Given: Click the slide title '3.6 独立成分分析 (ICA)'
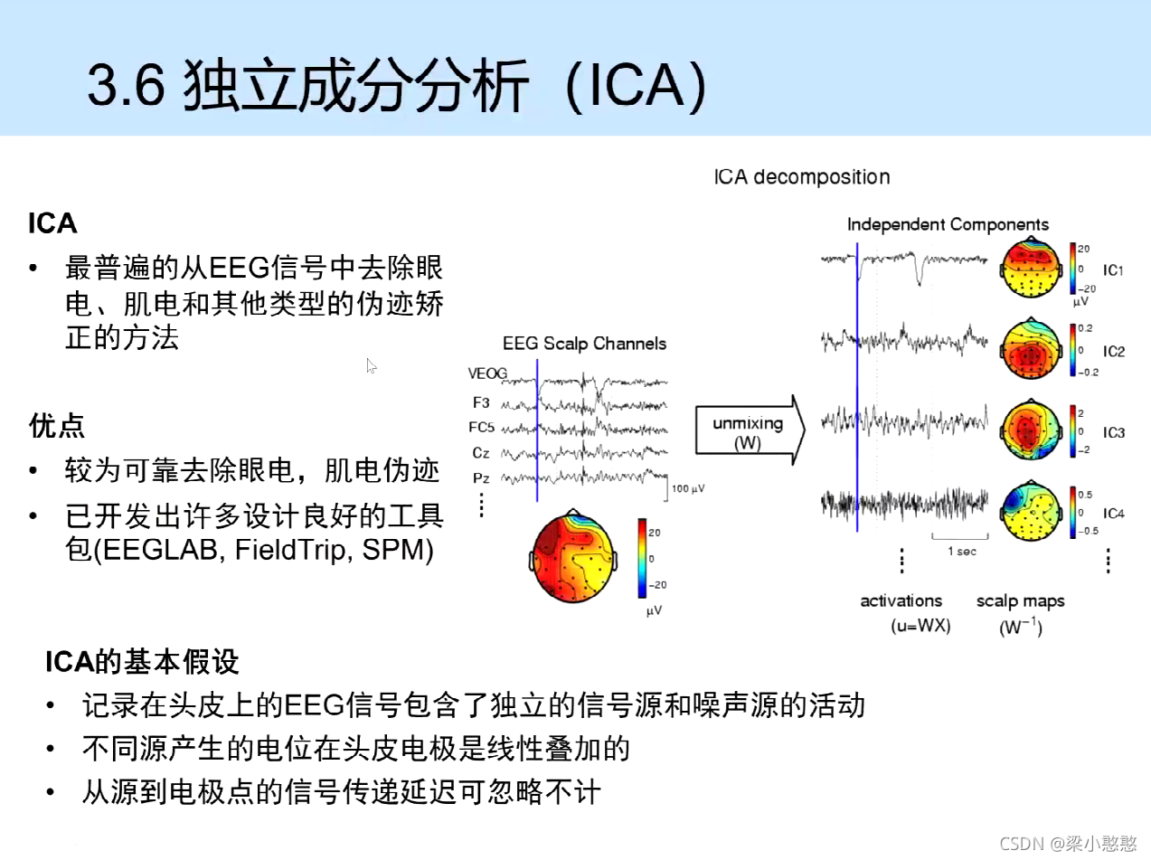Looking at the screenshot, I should pos(395,88).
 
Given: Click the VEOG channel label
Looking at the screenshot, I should pos(487,373).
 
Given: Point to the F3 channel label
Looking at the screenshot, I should pos(481,402).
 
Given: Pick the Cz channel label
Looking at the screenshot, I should pos(481,452).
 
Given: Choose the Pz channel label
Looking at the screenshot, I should pos(481,477).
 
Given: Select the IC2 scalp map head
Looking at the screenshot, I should pos(1030,348).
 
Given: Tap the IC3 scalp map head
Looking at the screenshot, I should pos(1030,430).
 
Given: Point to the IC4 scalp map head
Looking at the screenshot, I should pos(1030,510).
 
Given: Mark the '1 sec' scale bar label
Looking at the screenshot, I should pos(960,551).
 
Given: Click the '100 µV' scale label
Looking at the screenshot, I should pos(688,489).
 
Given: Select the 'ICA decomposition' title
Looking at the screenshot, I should pos(801,177).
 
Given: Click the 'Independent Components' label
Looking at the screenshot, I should pos(948,224).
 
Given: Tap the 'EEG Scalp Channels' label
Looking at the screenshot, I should pos(584,344).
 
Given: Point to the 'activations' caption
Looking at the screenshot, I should pos(901,601).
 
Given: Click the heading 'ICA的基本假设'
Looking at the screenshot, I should pos(143,662).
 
